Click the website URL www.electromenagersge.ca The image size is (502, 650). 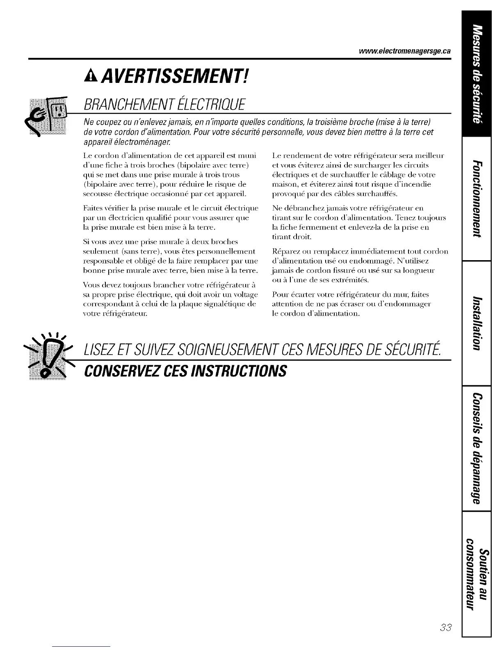(404, 51)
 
